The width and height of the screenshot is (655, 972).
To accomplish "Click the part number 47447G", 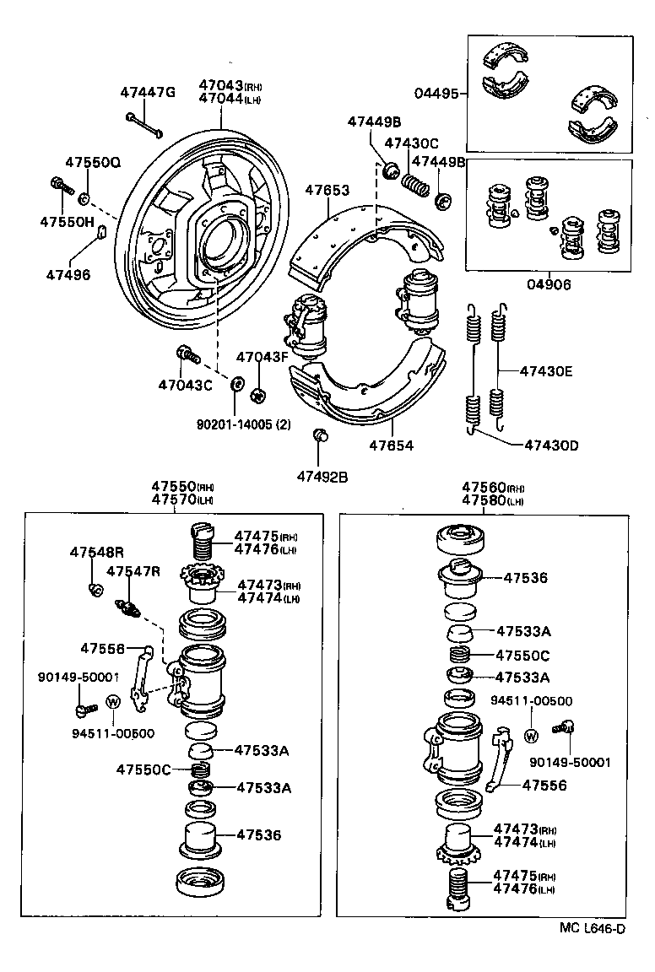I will [x=147, y=92].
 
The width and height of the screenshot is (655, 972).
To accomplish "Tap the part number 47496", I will [x=67, y=274].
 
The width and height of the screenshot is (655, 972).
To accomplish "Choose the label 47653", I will [x=327, y=191].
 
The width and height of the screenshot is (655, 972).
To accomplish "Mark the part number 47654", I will [x=392, y=445].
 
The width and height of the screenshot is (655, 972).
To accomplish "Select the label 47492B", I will [x=322, y=477].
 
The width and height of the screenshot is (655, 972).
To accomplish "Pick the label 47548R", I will [x=96, y=552].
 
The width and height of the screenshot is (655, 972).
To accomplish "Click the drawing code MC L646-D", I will [x=592, y=929].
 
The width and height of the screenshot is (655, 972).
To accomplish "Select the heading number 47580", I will [x=483, y=499].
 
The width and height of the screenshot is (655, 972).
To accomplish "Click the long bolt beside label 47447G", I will [x=144, y=124].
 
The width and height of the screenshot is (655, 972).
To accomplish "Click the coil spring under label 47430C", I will [x=415, y=184].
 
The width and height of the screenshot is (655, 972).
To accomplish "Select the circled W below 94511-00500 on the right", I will [x=531, y=735].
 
